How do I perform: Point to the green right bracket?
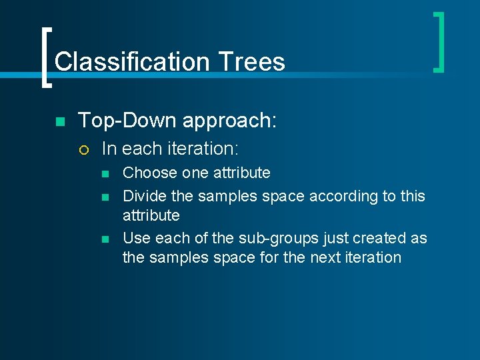click(x=439, y=41)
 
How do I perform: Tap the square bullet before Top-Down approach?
click(x=59, y=122)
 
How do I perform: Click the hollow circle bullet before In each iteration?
click(x=83, y=149)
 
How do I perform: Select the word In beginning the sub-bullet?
click(x=109, y=148)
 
